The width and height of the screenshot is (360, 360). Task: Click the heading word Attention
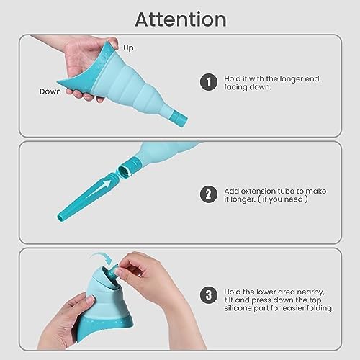[180, 18]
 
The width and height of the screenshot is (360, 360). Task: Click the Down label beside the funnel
[50, 92]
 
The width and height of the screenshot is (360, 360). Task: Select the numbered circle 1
[209, 81]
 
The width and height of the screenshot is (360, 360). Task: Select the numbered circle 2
[209, 194]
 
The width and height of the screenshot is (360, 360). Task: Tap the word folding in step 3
[317, 308]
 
